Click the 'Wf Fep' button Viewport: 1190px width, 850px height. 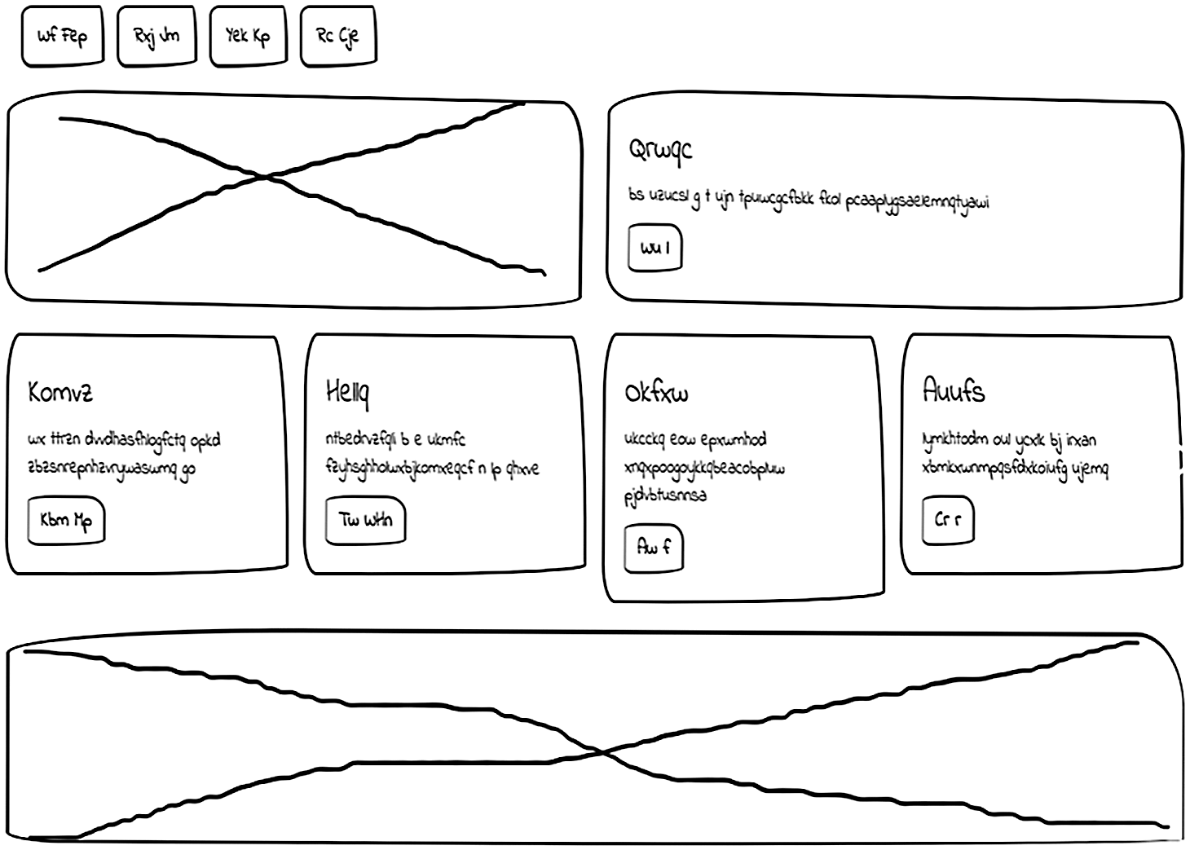(63, 36)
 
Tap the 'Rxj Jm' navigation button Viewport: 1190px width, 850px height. (156, 36)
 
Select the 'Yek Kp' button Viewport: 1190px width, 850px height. (248, 36)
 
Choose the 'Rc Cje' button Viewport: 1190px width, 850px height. (338, 36)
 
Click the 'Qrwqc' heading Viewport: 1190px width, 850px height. (660, 149)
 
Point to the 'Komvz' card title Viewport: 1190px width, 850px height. (60, 392)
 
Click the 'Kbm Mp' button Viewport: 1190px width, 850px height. (66, 520)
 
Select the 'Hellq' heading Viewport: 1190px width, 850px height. (347, 392)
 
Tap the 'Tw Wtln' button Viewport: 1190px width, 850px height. (365, 520)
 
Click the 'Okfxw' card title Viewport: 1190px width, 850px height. (656, 393)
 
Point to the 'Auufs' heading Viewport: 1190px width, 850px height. (954, 391)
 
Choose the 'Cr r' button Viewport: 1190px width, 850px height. (948, 519)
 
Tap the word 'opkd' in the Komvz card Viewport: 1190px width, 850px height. (205, 440)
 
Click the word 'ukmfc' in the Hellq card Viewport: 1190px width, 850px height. (445, 440)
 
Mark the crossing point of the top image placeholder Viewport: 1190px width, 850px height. (269, 176)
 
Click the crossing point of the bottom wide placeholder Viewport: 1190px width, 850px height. (603, 751)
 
